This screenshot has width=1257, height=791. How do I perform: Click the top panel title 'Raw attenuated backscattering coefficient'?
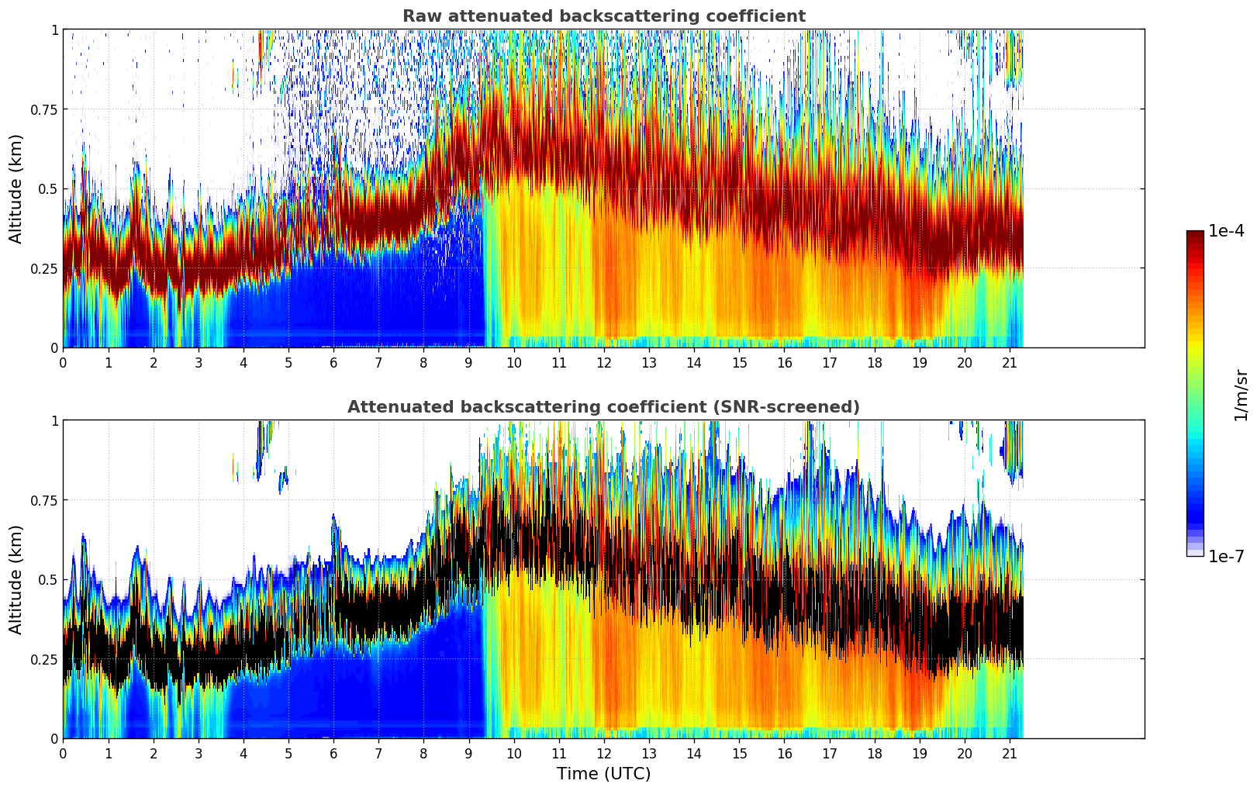pos(603,16)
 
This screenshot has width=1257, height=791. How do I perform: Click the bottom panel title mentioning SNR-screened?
pos(603,407)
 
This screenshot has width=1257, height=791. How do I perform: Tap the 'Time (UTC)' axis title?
pos(603,774)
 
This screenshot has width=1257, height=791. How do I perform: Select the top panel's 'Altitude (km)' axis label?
pos(16,188)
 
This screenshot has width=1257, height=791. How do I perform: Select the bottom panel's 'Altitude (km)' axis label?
pos(16,579)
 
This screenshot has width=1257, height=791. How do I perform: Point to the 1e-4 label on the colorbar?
pos(1226,232)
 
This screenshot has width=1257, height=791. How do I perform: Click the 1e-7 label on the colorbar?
pos(1226,556)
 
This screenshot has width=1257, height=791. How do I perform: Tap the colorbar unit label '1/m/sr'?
pos(1240,395)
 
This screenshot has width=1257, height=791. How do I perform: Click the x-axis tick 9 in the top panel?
pos(468,362)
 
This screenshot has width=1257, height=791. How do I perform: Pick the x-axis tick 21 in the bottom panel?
pos(1010,753)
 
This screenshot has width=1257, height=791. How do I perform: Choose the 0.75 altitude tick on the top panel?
pos(43,109)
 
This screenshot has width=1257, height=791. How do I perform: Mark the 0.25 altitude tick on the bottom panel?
pos(43,659)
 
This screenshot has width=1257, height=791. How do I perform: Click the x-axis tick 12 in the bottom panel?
pos(604,753)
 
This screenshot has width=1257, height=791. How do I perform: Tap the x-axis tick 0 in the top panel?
pos(63,362)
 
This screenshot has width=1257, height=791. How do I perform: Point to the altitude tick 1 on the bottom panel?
pos(54,420)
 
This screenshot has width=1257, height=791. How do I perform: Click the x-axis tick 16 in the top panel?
pos(784,362)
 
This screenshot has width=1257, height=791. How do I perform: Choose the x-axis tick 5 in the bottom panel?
pos(288,753)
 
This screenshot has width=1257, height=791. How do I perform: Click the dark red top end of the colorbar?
pos(1194,235)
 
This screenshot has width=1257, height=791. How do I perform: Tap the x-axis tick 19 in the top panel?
pos(920,362)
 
